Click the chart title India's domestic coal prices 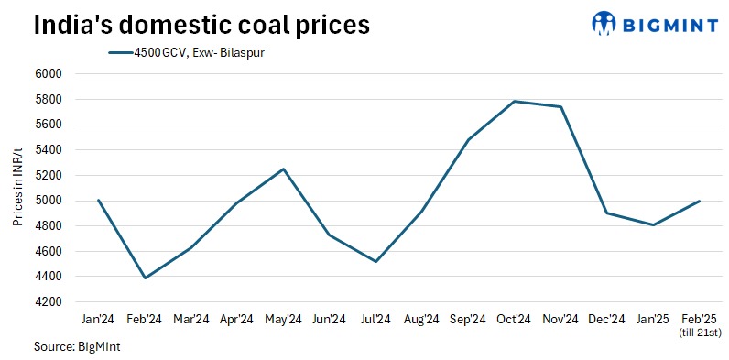[x=201, y=25]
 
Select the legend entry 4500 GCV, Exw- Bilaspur [x=187, y=52]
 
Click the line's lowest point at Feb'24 [x=145, y=278]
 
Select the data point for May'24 [x=283, y=169]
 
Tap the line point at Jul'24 [x=375, y=261]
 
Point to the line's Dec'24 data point [x=606, y=213]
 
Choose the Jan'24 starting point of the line [x=98, y=200]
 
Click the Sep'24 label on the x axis [x=467, y=319]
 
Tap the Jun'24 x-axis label [x=329, y=319]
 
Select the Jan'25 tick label [x=652, y=319]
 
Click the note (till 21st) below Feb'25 [x=699, y=332]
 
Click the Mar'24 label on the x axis [x=190, y=319]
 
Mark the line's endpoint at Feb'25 [x=699, y=201]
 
